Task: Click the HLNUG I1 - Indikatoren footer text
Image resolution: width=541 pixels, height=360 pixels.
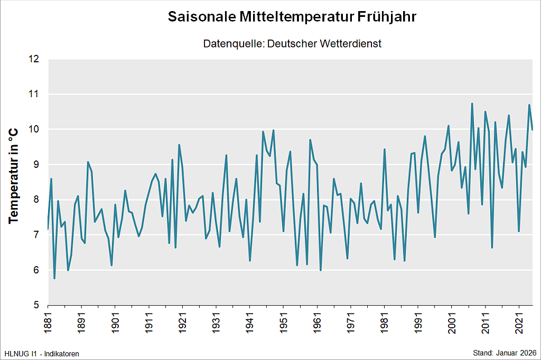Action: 41,353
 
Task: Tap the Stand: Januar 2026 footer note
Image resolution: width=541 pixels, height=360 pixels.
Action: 504,353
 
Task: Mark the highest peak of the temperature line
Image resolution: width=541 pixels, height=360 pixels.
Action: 472,103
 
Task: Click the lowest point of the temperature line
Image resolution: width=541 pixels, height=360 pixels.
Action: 54,278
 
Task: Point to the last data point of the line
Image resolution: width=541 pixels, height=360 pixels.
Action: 533,129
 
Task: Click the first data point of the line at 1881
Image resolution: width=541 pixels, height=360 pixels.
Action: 48,229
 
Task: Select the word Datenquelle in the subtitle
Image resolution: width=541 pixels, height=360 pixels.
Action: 232,44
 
